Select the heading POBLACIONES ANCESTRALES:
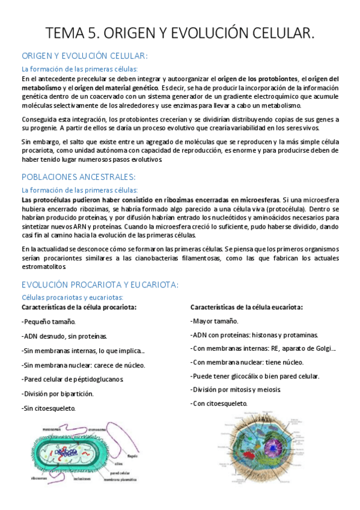78,177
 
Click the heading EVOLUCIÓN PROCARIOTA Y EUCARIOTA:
100,284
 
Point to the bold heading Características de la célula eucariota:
246,307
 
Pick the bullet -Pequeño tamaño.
48,322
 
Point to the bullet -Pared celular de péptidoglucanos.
72,379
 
